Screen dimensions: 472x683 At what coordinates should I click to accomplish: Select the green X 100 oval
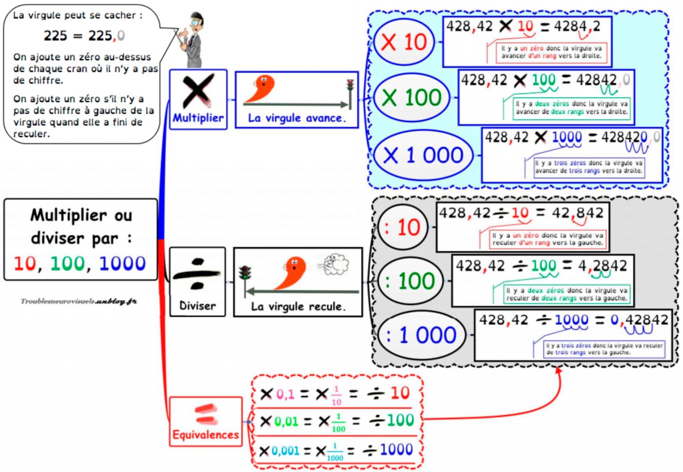pyautogui.click(x=412, y=97)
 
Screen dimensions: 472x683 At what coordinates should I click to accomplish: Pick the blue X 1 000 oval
pyautogui.click(x=423, y=155)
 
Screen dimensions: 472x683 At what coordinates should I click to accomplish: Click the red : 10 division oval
pyautogui.click(x=403, y=228)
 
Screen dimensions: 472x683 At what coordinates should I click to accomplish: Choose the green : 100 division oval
pyautogui.click(x=410, y=281)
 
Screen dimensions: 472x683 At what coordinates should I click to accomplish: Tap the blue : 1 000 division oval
pyautogui.click(x=422, y=335)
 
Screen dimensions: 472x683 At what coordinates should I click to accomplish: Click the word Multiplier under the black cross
pyautogui.click(x=198, y=118)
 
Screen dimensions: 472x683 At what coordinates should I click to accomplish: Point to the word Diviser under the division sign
pyautogui.click(x=197, y=306)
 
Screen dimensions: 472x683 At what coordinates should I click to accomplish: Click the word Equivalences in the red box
pyautogui.click(x=205, y=435)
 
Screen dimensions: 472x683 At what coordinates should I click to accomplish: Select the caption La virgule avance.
pyautogui.click(x=297, y=118)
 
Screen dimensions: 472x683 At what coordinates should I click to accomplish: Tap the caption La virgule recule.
pyautogui.click(x=298, y=306)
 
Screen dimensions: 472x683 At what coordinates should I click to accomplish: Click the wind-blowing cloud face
pyautogui.click(x=336, y=264)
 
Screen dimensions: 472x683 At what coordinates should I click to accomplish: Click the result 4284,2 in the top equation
pyautogui.click(x=577, y=26)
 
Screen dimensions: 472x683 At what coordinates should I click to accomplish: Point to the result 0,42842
pyautogui.click(x=639, y=320)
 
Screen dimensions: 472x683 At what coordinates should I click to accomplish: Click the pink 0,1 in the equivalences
pyautogui.click(x=285, y=394)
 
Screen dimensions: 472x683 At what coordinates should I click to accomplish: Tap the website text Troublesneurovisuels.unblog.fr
pyautogui.click(x=79, y=301)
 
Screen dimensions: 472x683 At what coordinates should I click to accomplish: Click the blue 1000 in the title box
pyautogui.click(x=122, y=264)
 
